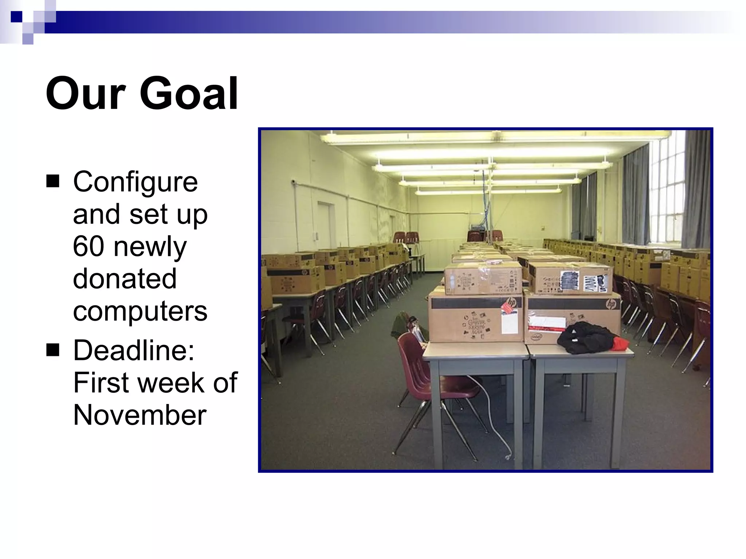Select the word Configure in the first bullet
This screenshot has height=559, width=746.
tap(135, 182)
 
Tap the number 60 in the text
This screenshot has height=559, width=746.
tap(89, 246)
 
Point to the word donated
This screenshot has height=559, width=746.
tap(125, 279)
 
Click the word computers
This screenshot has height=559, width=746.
tap(140, 311)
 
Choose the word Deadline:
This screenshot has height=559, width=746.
tap(134, 350)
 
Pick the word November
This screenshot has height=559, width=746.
tap(140, 415)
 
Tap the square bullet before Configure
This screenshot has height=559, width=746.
tap(53, 181)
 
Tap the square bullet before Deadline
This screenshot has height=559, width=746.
tap(53, 350)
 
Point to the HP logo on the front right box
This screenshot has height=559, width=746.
tap(611, 304)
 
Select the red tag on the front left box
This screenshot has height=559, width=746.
tap(508, 306)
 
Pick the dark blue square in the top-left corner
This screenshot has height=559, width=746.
tap(16, 17)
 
